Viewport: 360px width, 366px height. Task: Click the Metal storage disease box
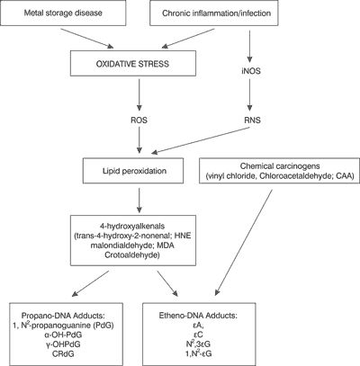pos(63,13)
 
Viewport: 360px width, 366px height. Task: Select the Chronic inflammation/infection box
pos(216,13)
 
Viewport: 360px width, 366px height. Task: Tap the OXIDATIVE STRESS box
pos(133,63)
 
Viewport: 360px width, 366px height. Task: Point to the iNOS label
pos(250,71)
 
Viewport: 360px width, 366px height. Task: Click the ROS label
pos(139,121)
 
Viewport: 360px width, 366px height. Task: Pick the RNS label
pos(252,121)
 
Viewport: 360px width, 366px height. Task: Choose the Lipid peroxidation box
pos(133,171)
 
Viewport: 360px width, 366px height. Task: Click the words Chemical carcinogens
pos(280,165)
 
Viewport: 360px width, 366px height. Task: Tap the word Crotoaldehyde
pos(132,255)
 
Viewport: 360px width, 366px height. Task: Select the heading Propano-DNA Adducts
pos(63,316)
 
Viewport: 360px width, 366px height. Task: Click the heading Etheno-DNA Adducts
pos(198,316)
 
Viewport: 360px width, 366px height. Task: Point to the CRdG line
pos(63,353)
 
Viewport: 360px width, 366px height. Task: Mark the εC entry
pos(198,335)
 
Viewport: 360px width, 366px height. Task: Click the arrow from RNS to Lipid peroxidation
pos(201,140)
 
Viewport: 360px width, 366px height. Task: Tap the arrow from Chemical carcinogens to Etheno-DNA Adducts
pos(244,242)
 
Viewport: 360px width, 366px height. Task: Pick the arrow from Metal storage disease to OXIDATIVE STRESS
pos(87,39)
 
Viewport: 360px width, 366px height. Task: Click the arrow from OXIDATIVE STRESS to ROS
pos(139,94)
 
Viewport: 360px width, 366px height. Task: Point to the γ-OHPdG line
pos(63,344)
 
